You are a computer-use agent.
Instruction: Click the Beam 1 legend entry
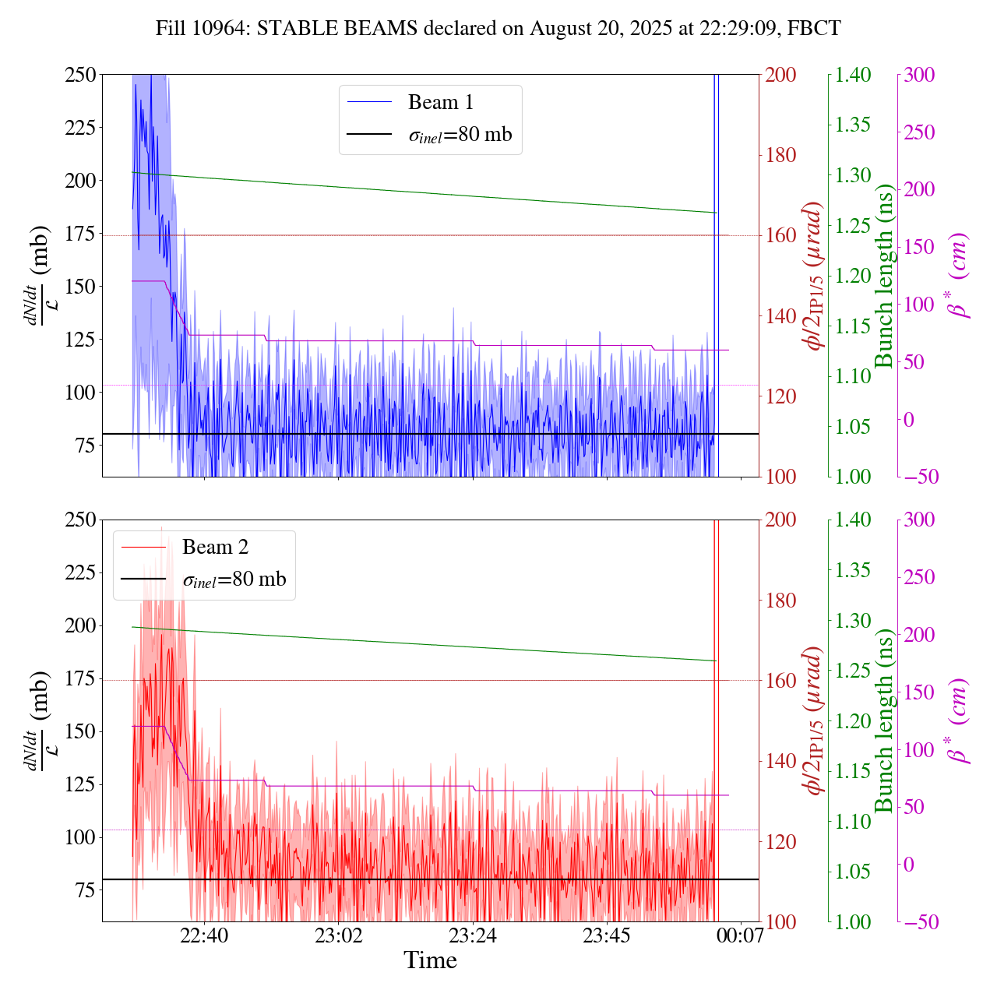pyautogui.click(x=440, y=102)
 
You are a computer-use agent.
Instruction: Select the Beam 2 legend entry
pyautogui.click(x=215, y=547)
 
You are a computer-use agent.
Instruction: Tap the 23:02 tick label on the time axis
pyautogui.click(x=339, y=933)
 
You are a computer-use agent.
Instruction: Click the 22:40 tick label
pyautogui.click(x=204, y=933)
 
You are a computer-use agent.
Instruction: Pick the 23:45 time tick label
pyautogui.click(x=607, y=933)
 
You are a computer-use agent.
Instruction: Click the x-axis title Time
pyautogui.click(x=430, y=960)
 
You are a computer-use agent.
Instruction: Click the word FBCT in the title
pyautogui.click(x=814, y=29)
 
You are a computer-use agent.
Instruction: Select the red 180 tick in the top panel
pyautogui.click(x=781, y=155)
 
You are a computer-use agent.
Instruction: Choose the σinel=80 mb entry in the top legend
pyautogui.click(x=460, y=134)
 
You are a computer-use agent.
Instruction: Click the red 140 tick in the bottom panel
pyautogui.click(x=781, y=761)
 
